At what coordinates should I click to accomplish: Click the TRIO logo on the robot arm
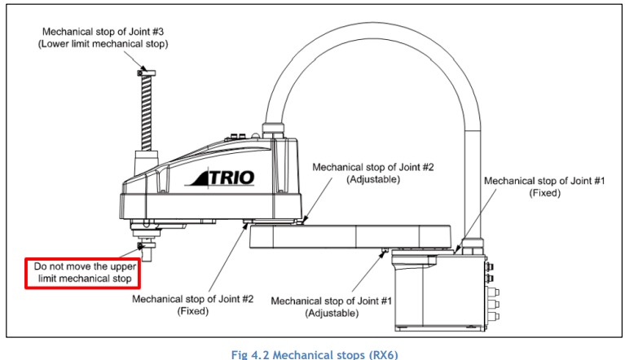coord(220,178)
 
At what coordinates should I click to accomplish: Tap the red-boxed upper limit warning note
coord(83,273)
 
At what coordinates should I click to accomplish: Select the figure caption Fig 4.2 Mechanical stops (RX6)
coord(315,354)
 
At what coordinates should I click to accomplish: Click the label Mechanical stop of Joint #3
coord(103,32)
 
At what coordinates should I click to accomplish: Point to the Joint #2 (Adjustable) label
coord(372,173)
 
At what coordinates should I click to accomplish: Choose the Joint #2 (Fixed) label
coord(192,305)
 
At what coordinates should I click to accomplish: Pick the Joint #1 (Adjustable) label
coord(332,306)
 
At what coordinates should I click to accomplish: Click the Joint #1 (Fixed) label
coord(544,187)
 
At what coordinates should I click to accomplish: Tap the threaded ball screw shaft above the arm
coord(147,113)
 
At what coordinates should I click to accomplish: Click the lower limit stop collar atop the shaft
coord(147,72)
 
